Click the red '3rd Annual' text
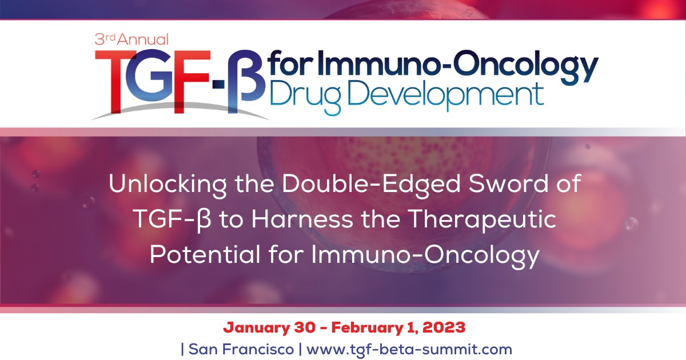tap(131, 39)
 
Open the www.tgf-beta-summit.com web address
tap(409, 348)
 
